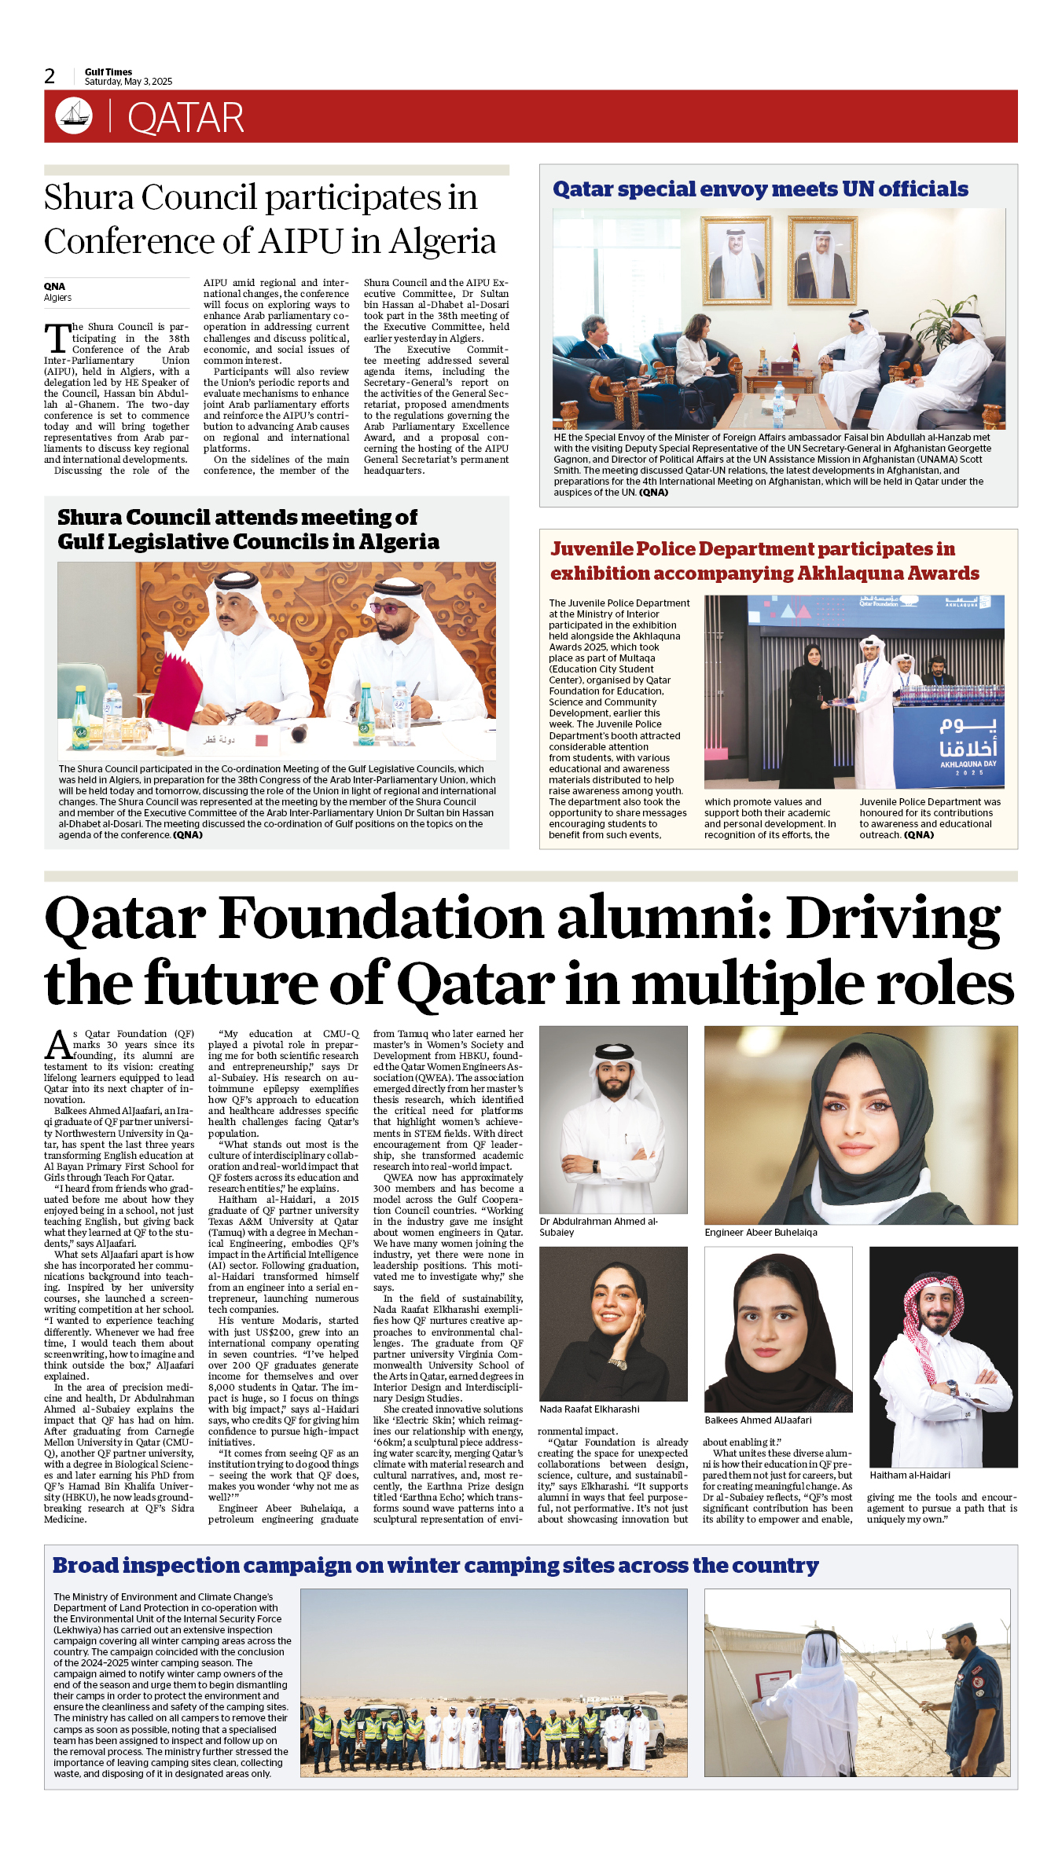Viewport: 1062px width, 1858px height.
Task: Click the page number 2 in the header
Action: click(x=50, y=76)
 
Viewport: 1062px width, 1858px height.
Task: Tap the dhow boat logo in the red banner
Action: click(x=74, y=115)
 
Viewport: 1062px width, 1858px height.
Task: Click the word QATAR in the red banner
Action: click(x=186, y=118)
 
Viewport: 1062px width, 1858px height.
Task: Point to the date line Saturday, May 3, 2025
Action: click(x=128, y=82)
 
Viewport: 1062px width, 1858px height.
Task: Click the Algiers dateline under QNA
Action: click(x=57, y=298)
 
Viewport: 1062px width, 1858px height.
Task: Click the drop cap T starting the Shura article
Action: click(x=57, y=339)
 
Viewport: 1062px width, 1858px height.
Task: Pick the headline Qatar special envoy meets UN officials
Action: click(x=760, y=189)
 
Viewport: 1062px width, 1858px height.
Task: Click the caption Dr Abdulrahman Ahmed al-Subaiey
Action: click(x=598, y=1226)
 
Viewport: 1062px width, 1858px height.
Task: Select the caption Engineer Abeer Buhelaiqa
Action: click(x=760, y=1232)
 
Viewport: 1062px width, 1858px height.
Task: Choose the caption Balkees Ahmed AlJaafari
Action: click(x=758, y=1420)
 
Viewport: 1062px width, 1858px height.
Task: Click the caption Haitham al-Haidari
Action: click(x=909, y=1475)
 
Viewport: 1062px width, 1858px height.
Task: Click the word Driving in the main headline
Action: click(x=893, y=918)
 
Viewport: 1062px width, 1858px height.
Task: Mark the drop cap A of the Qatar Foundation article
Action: click(x=58, y=1046)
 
